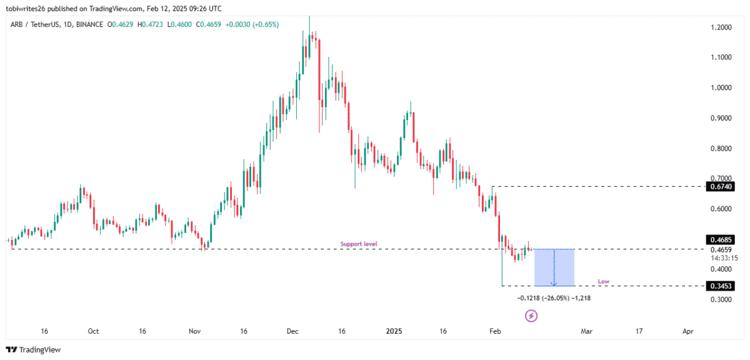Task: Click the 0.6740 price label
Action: (x=720, y=186)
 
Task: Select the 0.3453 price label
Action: (x=720, y=286)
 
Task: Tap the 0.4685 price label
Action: (x=720, y=240)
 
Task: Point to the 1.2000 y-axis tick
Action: (x=721, y=27)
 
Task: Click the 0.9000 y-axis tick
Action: (x=721, y=118)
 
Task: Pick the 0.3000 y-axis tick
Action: (x=721, y=300)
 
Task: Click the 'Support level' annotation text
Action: (x=359, y=244)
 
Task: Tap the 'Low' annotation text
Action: (x=604, y=281)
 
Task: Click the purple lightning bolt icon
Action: (x=531, y=316)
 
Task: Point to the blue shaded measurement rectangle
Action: (x=554, y=267)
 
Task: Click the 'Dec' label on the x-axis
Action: (x=292, y=331)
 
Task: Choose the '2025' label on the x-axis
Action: (x=394, y=331)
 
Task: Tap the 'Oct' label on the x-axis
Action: (x=93, y=331)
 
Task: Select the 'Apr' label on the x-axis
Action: (x=687, y=331)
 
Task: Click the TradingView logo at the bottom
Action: (x=34, y=349)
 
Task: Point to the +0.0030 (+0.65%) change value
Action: (x=252, y=24)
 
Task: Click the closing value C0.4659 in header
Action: (x=208, y=24)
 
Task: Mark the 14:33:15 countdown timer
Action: (x=724, y=258)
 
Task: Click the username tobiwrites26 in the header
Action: (x=26, y=9)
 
